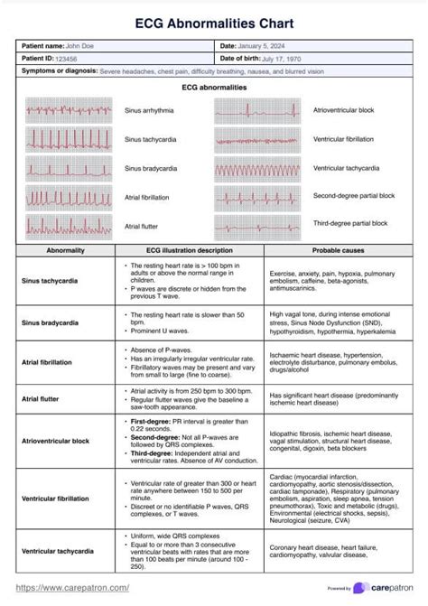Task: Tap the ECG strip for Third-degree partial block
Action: [261, 223]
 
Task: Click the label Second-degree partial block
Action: [353, 195]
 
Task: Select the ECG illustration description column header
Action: [189, 250]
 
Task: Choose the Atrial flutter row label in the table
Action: [42, 396]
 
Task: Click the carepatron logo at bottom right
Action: [385, 587]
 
